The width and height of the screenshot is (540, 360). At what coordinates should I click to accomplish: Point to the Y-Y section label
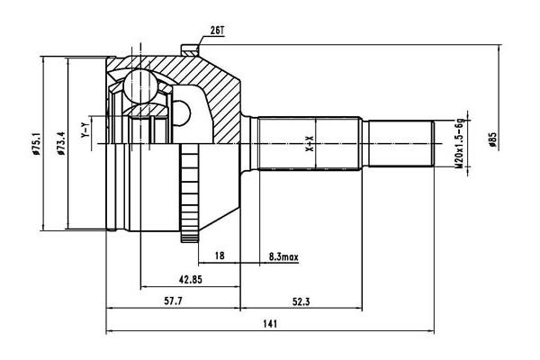(x=85, y=131)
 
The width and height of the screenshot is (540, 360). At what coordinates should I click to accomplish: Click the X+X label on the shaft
(x=310, y=141)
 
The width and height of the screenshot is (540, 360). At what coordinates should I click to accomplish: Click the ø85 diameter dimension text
(x=492, y=141)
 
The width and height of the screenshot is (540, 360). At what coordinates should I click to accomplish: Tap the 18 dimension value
(x=220, y=256)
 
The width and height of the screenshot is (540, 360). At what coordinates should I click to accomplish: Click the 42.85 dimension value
(x=188, y=279)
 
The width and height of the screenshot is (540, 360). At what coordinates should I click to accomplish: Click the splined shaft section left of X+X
(x=279, y=141)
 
